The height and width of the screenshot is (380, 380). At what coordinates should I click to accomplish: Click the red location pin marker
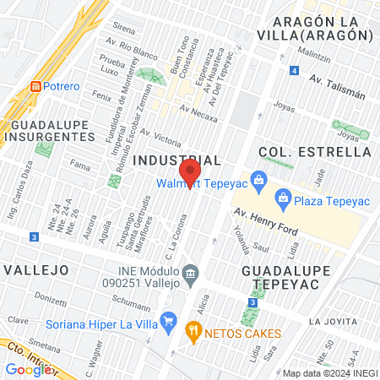click(195, 175)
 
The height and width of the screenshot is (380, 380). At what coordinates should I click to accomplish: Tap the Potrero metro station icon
click(35, 87)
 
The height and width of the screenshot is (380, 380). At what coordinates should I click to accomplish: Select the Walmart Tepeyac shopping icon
click(259, 178)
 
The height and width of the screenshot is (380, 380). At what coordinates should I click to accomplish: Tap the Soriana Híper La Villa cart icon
click(168, 320)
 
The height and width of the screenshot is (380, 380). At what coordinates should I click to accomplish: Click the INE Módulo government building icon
click(192, 273)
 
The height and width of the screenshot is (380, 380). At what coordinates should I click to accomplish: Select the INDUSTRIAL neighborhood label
click(177, 160)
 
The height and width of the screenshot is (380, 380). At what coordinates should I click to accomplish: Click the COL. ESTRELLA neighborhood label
click(316, 152)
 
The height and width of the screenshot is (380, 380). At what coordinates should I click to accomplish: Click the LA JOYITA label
click(334, 322)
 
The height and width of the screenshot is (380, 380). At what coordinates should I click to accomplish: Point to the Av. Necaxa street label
click(198, 109)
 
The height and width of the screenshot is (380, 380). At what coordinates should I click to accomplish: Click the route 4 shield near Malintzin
click(293, 70)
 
